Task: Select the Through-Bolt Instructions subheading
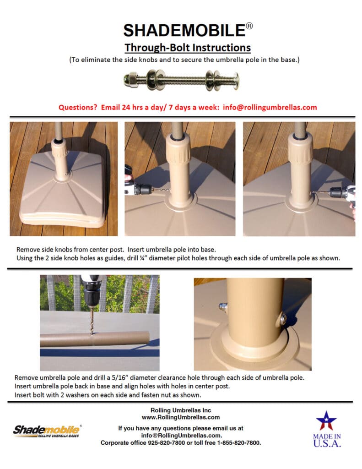click(188, 47)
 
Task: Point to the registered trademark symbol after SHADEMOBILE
click(249, 26)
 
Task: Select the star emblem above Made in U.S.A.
click(327, 420)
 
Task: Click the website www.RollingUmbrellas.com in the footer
click(181, 417)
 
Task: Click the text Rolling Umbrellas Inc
click(181, 410)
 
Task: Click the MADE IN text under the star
click(327, 436)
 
